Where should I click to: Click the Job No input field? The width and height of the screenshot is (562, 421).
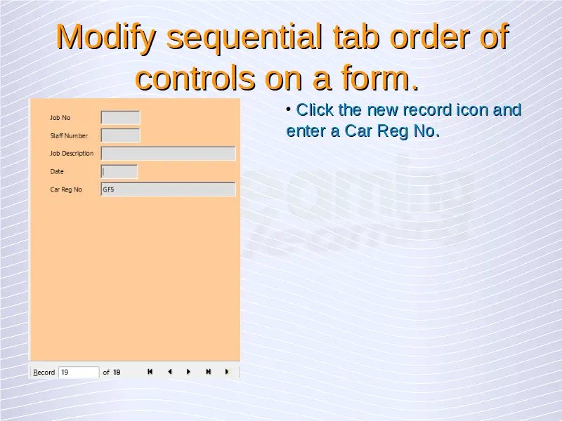point(120,117)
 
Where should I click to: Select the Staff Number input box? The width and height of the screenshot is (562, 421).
point(120,135)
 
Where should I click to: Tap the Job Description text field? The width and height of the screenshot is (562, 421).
point(168,153)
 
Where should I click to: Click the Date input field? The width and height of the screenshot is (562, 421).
point(119,171)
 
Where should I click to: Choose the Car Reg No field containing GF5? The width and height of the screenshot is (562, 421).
point(168,189)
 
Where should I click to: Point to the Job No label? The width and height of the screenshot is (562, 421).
point(60,118)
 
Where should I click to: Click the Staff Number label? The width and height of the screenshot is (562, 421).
point(69,135)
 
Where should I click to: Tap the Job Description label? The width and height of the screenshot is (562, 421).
point(72,154)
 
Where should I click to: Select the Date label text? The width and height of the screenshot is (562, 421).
point(57,171)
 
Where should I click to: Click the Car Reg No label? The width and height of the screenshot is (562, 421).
point(66,189)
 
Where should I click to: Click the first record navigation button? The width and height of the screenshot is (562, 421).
point(150,372)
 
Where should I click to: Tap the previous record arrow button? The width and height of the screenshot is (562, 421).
point(169,372)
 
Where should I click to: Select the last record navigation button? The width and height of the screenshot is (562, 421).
point(208,372)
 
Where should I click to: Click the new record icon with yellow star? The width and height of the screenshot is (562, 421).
point(228,372)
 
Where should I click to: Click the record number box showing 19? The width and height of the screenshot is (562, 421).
point(79,373)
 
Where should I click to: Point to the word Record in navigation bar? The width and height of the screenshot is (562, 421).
point(44,373)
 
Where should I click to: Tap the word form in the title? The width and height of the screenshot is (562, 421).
point(379,77)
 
